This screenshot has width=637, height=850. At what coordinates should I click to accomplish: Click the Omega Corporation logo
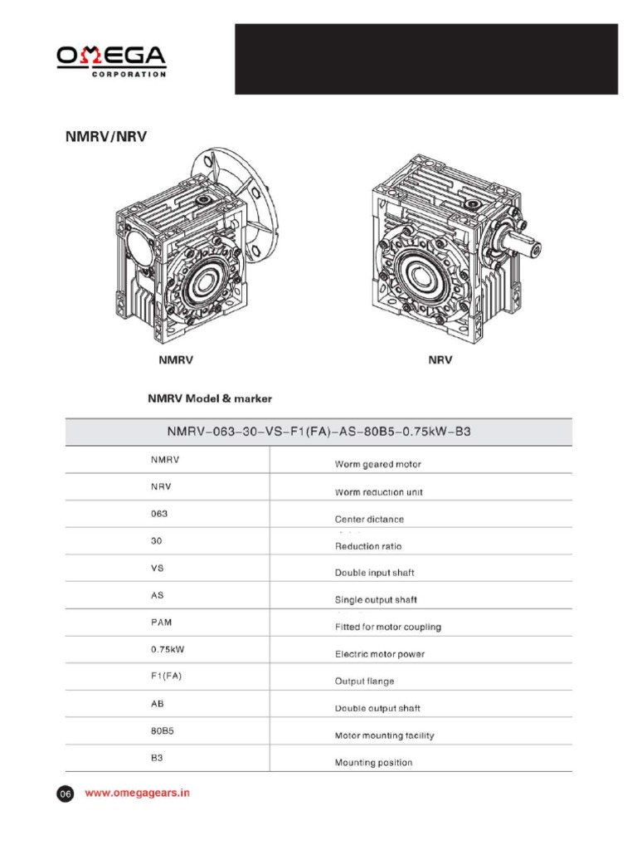coord(111,61)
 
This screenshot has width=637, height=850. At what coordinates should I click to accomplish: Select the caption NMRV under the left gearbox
coord(176,361)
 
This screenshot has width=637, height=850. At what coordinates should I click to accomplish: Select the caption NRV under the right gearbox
coord(440,361)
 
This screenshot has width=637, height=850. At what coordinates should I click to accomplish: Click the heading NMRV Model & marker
coord(210,398)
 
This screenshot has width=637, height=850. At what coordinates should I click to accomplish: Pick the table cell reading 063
coord(159,514)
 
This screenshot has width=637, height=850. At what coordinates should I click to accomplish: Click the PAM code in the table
coord(162,622)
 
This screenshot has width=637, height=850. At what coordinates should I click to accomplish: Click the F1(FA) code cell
coord(166,676)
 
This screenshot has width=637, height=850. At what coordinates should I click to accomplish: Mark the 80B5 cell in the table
coord(162,730)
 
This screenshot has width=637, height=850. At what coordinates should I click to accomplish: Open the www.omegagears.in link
coord(138,793)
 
